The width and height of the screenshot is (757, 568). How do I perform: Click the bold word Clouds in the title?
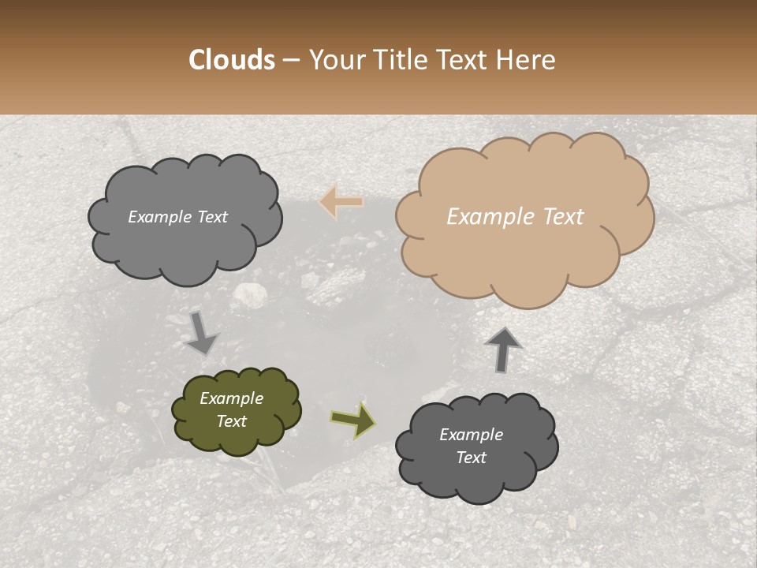[x=232, y=60]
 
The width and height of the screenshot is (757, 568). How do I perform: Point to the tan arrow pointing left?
[x=341, y=202]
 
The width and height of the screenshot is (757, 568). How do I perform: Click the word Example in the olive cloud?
[x=231, y=398]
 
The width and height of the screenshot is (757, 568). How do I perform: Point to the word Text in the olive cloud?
[x=231, y=421]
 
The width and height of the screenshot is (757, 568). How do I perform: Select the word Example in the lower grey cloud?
[x=471, y=435]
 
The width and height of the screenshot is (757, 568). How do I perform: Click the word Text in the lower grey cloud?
[x=471, y=458]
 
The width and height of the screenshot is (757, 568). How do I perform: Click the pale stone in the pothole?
[x=250, y=294]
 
